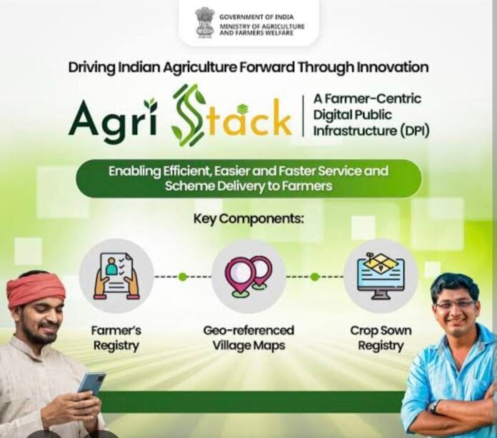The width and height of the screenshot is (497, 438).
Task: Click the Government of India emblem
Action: click(x=205, y=23)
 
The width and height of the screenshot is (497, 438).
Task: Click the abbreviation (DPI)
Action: click(x=414, y=131)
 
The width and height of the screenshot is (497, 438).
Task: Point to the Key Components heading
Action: click(x=248, y=218)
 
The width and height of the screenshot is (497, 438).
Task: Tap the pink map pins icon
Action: click(x=248, y=276)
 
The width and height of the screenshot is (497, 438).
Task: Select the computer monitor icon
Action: click(x=381, y=276)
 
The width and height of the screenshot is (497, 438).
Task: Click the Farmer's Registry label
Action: click(x=116, y=338)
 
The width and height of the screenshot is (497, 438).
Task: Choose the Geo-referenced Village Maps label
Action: click(x=248, y=338)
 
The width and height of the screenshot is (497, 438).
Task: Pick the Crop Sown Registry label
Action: click(x=381, y=338)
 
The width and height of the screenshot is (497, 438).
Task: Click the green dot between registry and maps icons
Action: click(x=182, y=277)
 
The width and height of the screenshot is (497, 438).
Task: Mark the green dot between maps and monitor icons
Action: click(x=314, y=277)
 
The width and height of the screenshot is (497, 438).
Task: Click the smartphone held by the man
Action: click(x=92, y=384)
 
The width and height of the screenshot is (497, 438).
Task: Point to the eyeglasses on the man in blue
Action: click(x=455, y=305)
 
